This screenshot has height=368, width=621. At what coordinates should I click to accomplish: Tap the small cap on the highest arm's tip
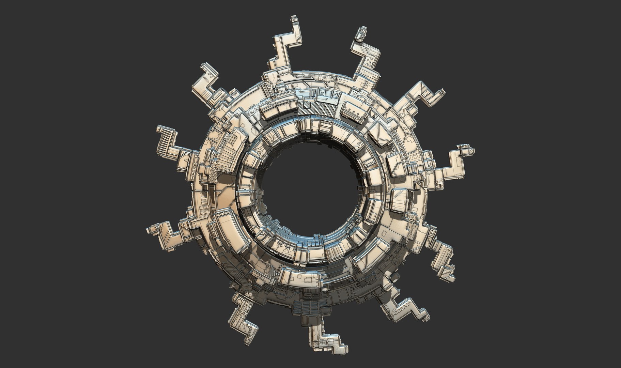click(296, 20)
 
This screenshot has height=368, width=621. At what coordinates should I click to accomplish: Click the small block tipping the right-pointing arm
click(465, 149)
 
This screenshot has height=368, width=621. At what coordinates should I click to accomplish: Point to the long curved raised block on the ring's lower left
click(229, 232)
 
